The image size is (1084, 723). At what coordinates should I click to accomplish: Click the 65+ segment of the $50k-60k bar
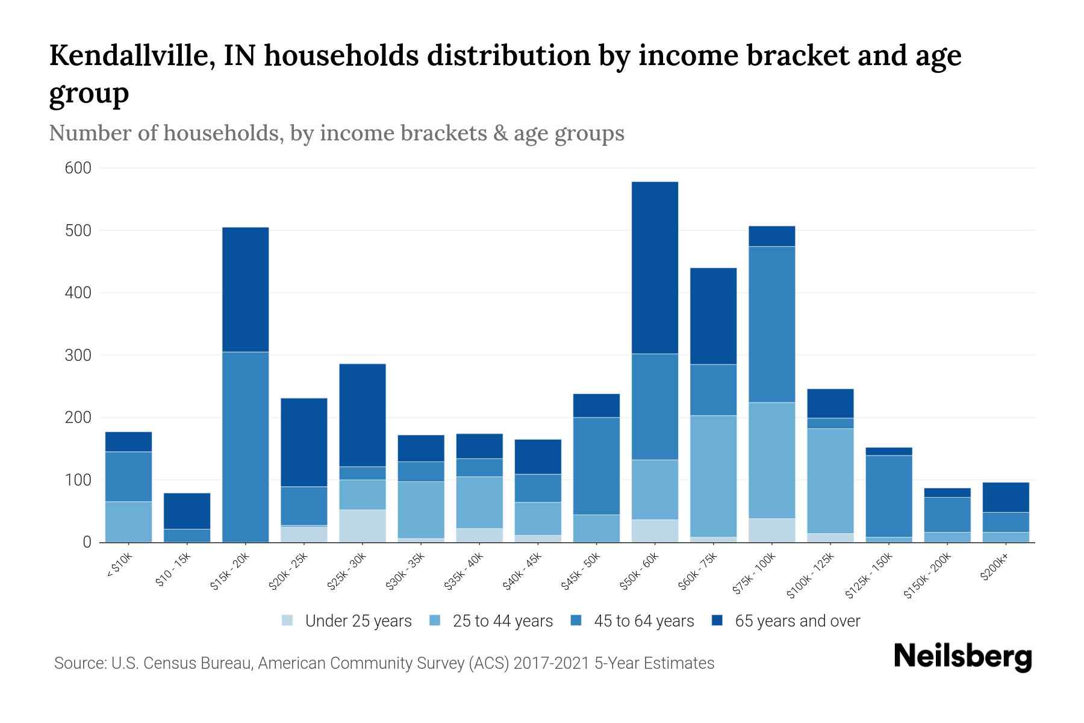[x=655, y=268]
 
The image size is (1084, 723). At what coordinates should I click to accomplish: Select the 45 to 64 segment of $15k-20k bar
[x=246, y=446]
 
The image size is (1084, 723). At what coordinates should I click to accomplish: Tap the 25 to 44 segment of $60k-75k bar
[x=713, y=476]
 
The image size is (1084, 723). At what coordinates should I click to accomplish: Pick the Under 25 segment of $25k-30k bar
[x=363, y=526]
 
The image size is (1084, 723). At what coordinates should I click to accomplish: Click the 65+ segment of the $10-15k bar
[x=187, y=511]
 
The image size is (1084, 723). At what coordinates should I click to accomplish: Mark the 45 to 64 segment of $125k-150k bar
[x=888, y=496]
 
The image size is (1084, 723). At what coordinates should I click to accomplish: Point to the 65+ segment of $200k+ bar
[x=1006, y=497]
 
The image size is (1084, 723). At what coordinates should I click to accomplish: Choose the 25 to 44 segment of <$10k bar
[x=128, y=522]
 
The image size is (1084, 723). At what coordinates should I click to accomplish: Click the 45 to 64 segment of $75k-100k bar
[x=771, y=324]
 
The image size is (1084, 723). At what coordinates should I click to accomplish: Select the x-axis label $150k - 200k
[x=927, y=575]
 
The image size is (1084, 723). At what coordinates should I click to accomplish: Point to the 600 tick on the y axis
[x=78, y=168]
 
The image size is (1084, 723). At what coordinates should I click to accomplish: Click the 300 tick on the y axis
[x=78, y=355]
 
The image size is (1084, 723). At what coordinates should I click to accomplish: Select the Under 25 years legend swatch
[x=287, y=621]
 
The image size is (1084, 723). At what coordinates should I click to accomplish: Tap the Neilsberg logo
[x=962, y=657]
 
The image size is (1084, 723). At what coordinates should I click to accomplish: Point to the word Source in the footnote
[x=79, y=663]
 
